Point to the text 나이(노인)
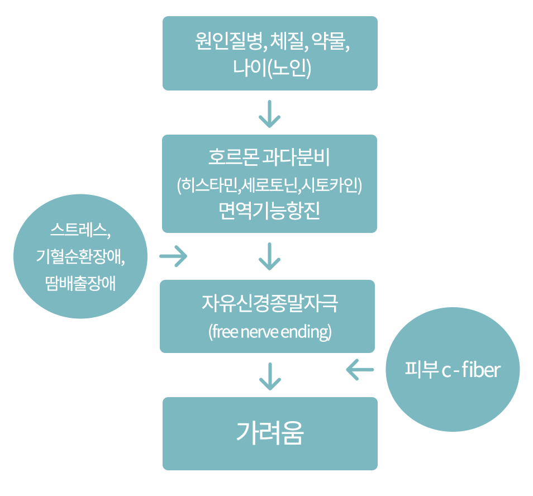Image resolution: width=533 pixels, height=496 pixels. pos(270,69)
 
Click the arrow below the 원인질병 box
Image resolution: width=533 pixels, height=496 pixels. pos(270,113)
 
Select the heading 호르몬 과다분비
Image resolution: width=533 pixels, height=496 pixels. pos(269,158)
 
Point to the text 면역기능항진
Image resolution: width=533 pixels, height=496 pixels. pos(269,212)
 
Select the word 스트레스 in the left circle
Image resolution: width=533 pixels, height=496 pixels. pos(78,230)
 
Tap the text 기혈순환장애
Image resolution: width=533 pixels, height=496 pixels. pos(80,256)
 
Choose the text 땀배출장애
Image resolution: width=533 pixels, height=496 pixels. pos(80,283)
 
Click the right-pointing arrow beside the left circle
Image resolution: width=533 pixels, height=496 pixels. pos(173,256)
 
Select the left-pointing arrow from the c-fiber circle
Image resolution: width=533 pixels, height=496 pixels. pos(360,369)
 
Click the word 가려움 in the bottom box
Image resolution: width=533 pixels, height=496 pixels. pos(270,433)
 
